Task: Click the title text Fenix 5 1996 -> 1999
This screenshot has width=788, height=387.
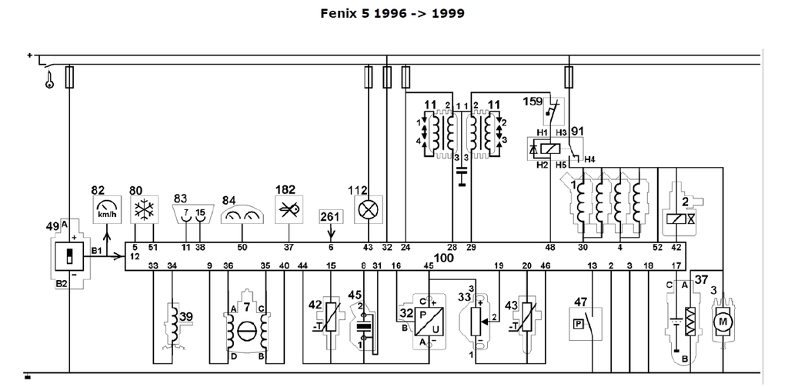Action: click(x=392, y=14)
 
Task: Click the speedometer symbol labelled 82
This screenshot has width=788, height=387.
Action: click(x=106, y=209)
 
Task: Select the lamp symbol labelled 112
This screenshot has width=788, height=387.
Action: click(x=368, y=209)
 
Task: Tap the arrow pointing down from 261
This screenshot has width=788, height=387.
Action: click(x=331, y=228)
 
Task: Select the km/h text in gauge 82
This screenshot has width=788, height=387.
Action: click(x=106, y=215)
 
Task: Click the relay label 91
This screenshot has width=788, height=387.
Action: click(x=578, y=132)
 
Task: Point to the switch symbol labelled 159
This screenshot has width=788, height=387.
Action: click(x=553, y=114)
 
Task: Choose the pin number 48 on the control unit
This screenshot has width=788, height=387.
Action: click(x=550, y=247)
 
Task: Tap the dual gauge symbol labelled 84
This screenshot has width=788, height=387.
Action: click(x=242, y=216)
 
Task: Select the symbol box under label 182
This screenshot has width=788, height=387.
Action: click(x=289, y=209)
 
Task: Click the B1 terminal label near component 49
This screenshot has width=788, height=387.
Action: click(x=98, y=251)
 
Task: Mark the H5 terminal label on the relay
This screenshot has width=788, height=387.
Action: click(x=562, y=165)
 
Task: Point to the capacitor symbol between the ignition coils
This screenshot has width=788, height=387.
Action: click(x=462, y=178)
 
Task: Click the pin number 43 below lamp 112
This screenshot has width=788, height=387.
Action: click(x=368, y=247)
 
